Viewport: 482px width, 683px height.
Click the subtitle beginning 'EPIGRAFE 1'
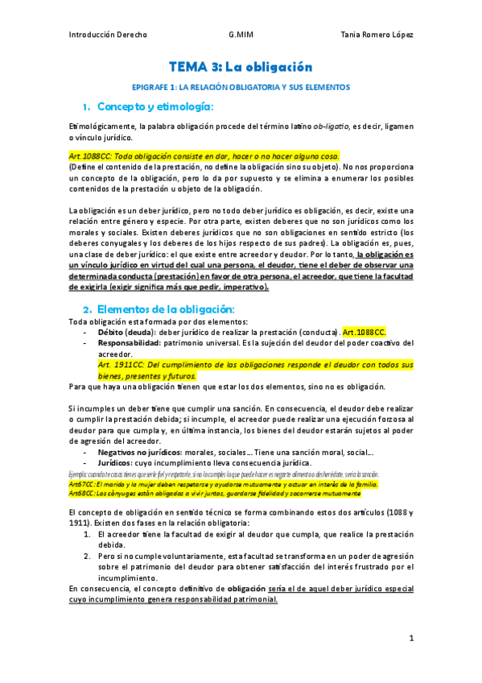pyautogui.click(x=240, y=86)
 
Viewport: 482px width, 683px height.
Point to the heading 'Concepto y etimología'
pyautogui.click(x=154, y=106)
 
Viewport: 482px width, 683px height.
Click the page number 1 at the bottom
pyautogui.click(x=410, y=639)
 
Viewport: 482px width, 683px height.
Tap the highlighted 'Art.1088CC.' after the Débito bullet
pyautogui.click(x=365, y=332)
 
